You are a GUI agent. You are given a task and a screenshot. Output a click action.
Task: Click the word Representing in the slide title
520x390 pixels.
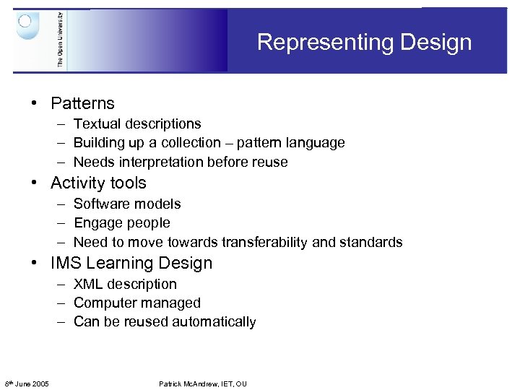coord(316,42)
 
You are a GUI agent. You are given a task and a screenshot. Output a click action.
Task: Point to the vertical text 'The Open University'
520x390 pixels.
coord(60,40)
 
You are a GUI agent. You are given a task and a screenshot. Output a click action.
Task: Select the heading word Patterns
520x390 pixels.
coord(82,103)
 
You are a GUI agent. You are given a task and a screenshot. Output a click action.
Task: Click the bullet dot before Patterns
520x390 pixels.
coord(34,103)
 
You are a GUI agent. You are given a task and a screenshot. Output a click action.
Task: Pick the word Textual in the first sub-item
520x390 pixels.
coord(97,124)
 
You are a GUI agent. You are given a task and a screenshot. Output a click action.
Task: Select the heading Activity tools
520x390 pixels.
coord(98,183)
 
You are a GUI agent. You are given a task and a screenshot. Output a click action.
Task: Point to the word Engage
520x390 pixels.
coord(97,223)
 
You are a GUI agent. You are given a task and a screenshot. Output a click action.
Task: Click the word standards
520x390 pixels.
coord(370,242)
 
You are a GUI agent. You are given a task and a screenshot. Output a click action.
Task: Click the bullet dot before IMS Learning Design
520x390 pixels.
coord(34,263)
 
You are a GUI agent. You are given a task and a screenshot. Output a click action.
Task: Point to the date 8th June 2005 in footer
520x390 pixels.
coord(27,383)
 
